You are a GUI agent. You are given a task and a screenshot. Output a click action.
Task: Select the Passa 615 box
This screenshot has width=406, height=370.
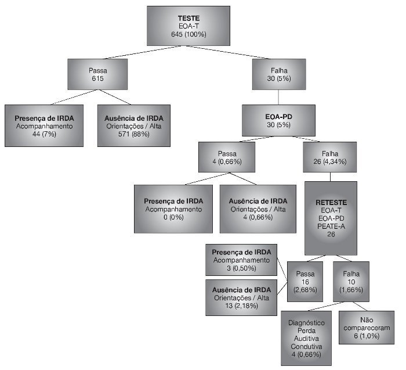[97, 73]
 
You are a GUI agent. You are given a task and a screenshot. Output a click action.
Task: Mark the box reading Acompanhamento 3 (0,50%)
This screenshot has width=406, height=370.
[241, 260]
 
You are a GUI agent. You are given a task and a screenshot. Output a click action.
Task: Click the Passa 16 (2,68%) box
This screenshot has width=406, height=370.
[305, 281]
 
